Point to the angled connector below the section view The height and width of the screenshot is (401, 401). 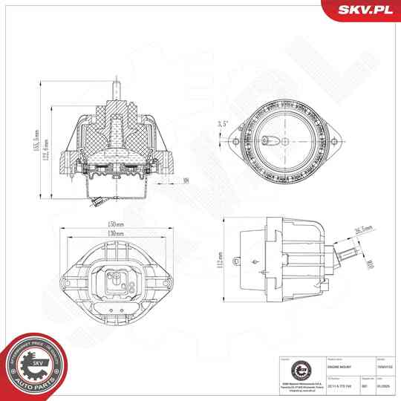click(x=94, y=200)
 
